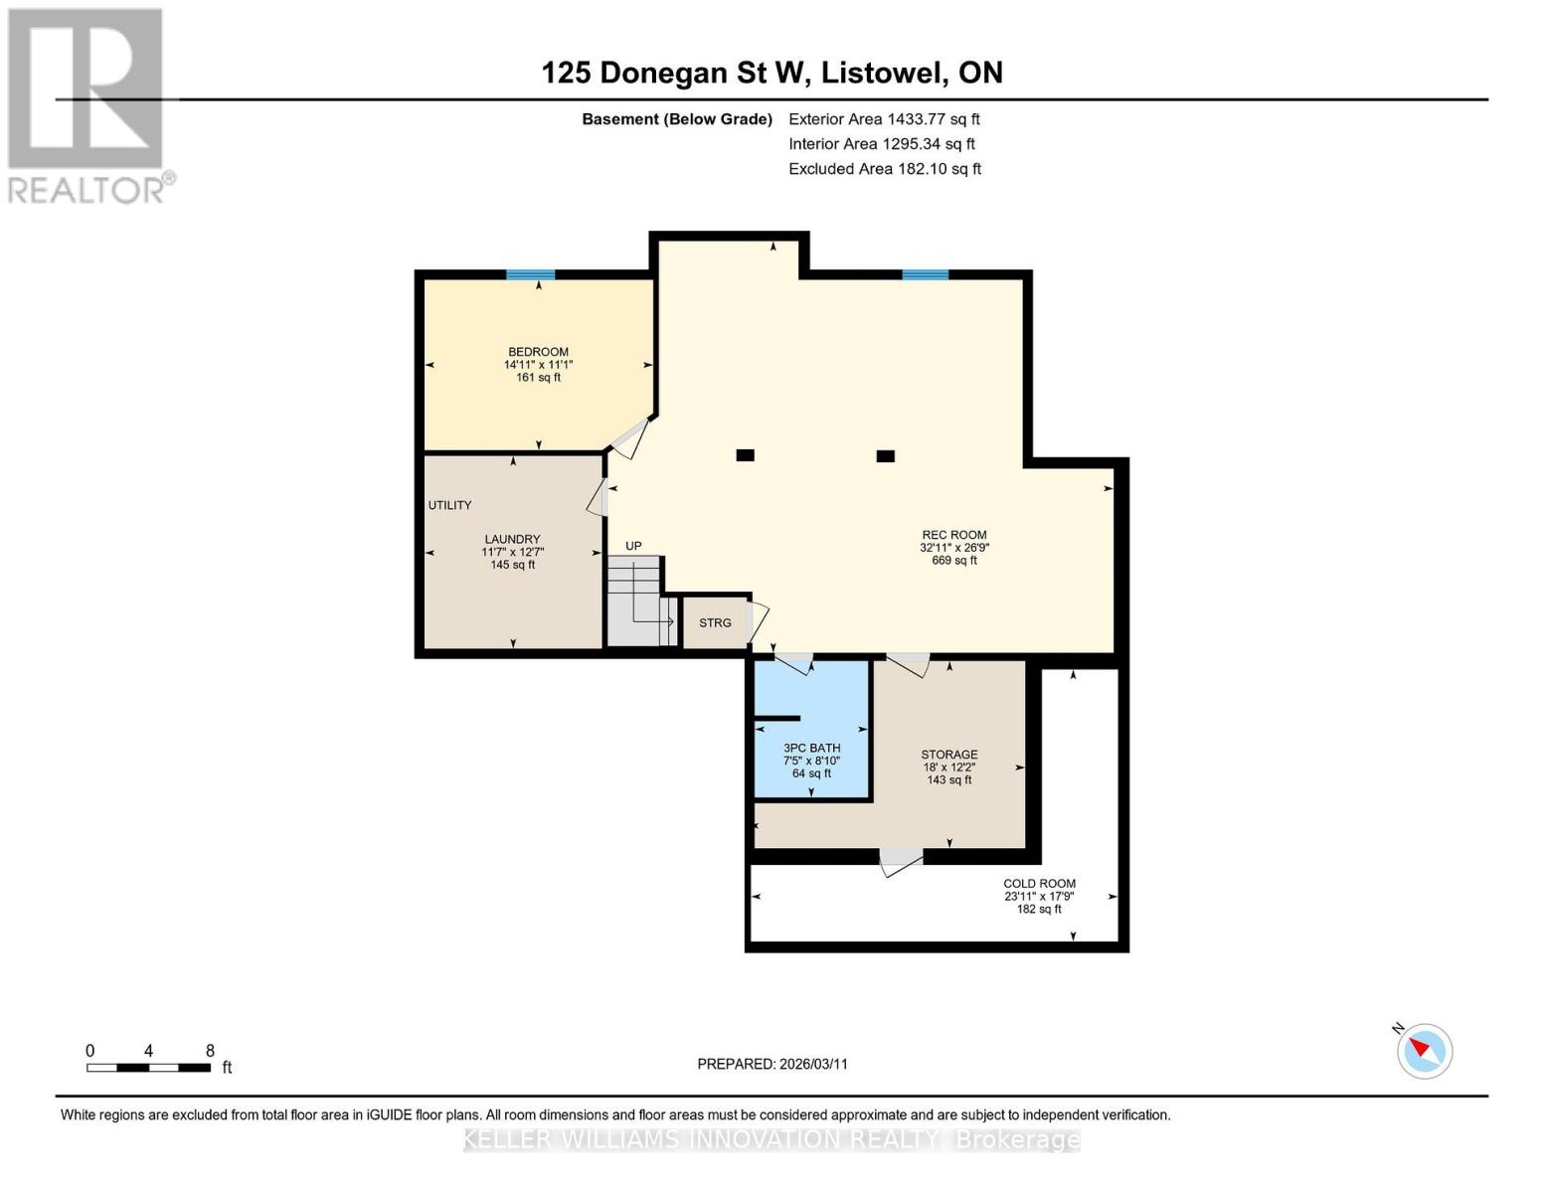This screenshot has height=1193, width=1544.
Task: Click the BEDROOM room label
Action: click(x=538, y=352)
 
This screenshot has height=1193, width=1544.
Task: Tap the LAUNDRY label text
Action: click(x=512, y=539)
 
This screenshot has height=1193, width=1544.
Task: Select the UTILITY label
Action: click(x=449, y=505)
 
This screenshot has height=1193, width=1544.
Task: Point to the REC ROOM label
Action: click(x=954, y=535)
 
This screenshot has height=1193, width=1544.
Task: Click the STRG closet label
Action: click(x=715, y=623)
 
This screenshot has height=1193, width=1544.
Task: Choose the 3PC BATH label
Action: click(x=811, y=749)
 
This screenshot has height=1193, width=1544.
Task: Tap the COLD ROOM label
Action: click(x=1040, y=884)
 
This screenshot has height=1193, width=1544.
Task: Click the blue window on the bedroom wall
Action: click(x=530, y=275)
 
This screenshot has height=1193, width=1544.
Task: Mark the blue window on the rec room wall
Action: click(x=926, y=275)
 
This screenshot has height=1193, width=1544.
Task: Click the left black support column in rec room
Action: click(x=745, y=455)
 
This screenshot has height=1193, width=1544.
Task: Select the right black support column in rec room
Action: click(x=885, y=456)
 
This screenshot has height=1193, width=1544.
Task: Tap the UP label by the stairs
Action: click(x=633, y=546)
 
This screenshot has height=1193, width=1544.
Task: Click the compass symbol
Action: click(x=1424, y=1051)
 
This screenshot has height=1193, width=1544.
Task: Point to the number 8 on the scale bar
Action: click(x=210, y=1050)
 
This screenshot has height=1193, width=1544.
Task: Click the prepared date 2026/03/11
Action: click(x=813, y=1064)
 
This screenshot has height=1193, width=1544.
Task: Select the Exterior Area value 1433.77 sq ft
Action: click(x=932, y=119)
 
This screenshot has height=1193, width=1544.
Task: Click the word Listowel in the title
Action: click(x=883, y=73)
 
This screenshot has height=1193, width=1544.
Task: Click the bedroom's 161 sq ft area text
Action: click(x=538, y=378)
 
